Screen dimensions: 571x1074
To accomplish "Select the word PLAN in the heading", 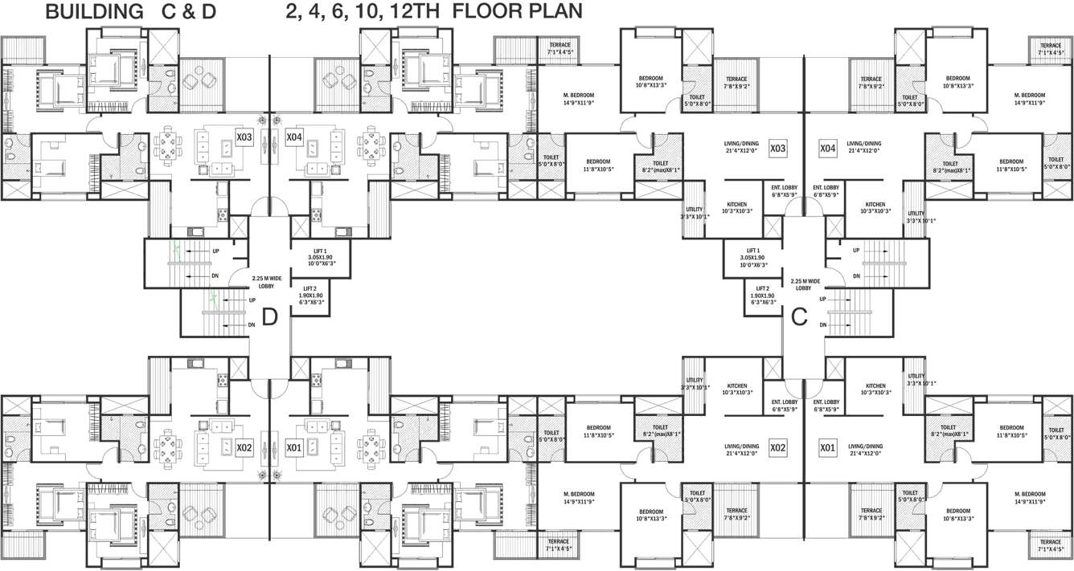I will tap(554, 12).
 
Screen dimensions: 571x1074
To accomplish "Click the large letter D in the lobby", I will tap(270, 317).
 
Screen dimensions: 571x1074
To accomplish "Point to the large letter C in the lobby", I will tap(799, 317).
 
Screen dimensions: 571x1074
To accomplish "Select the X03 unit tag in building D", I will tap(244, 138).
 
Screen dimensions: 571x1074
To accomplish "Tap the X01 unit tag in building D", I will tap(294, 447).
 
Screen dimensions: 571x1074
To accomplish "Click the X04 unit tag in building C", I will tap(827, 149).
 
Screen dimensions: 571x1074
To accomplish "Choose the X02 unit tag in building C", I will tap(777, 447).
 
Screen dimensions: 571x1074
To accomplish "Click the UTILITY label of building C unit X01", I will tap(915, 384).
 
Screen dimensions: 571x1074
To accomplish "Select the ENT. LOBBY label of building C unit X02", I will tap(784, 405).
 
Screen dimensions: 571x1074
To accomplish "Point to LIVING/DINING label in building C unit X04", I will tap(864, 147).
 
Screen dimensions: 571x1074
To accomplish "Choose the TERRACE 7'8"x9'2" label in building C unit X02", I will tap(736, 514).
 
